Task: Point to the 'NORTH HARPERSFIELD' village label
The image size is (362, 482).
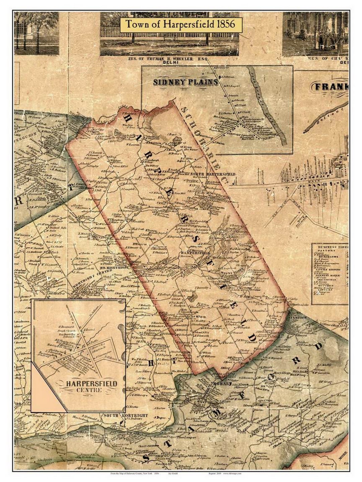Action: pos(213,174)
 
